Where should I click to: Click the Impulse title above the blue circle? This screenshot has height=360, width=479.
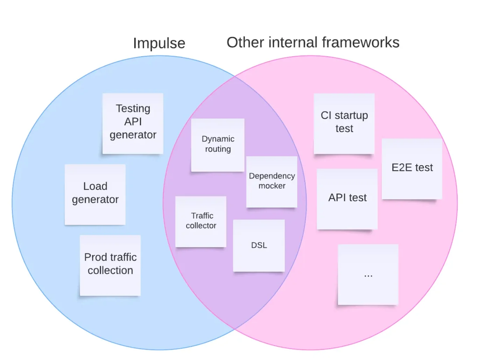tap(159, 43)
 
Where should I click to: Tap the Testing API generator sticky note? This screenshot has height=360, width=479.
tap(133, 124)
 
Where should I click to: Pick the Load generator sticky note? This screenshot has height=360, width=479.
tap(95, 194)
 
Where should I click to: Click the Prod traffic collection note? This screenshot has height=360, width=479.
tap(110, 265)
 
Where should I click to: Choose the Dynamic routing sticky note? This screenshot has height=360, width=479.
tap(218, 145)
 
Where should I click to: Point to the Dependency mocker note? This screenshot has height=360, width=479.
tap(272, 182)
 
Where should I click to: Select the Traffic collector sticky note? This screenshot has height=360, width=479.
tap(201, 222)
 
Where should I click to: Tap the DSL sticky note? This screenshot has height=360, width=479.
tap(259, 245)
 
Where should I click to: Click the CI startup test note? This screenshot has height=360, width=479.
tap(344, 124)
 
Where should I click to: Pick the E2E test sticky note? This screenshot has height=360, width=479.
tap(412, 169)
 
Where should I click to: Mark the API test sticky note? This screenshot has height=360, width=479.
tap(347, 199)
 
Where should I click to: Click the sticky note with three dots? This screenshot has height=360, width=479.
tap(368, 274)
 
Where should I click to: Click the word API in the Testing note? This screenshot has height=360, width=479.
tap(133, 121)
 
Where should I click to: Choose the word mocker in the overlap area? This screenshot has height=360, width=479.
tap(272, 186)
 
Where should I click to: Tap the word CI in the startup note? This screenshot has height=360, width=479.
tap(326, 115)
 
